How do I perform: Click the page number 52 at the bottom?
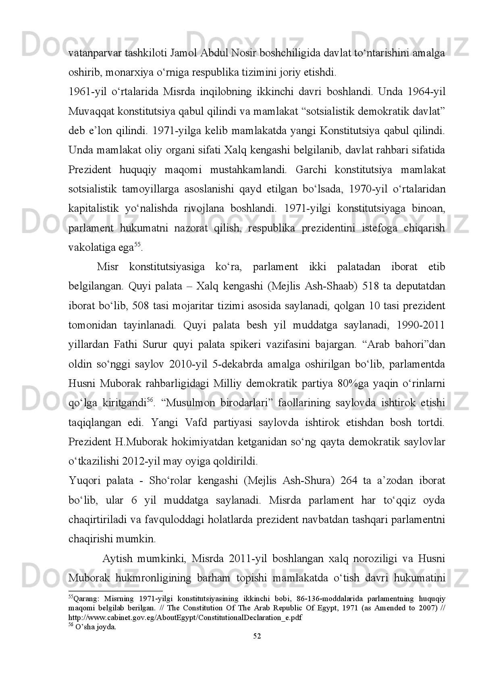(257, 636)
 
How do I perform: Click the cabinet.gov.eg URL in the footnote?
(185, 617)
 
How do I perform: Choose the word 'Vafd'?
(197, 423)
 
